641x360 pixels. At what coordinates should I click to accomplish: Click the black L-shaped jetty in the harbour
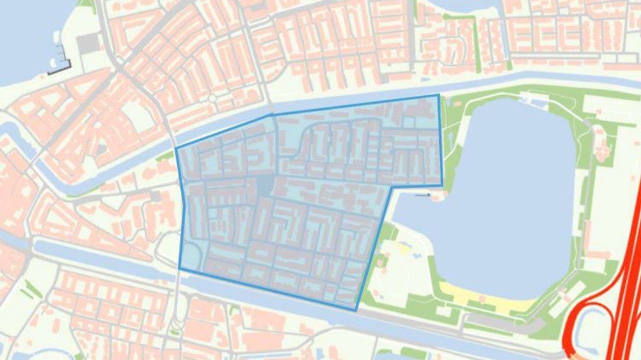coord(60,71)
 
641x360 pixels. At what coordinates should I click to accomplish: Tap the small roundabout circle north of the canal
coord(213,99)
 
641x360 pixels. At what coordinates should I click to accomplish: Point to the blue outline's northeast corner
coord(439,95)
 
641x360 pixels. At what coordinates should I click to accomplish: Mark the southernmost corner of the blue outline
coord(356,310)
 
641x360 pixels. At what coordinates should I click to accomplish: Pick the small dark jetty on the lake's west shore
coord(423,195)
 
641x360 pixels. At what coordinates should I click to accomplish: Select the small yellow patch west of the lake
coord(403,246)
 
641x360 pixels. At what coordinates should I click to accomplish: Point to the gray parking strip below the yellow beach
coord(501,323)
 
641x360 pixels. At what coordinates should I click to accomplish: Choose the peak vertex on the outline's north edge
coord(272,115)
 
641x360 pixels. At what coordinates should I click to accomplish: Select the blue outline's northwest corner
coord(176,149)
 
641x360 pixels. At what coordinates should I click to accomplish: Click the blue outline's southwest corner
coord(179,269)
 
